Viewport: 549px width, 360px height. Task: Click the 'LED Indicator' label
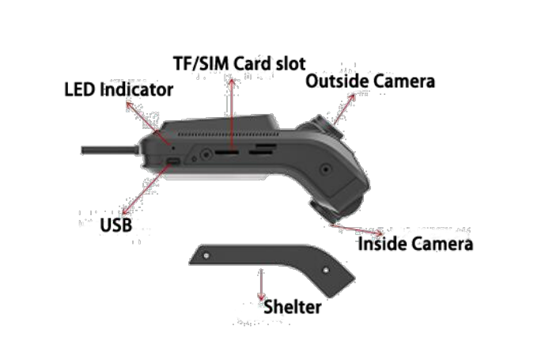[119, 89]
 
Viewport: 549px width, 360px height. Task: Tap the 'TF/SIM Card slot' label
[240, 63]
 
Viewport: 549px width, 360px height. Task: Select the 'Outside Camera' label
[370, 81]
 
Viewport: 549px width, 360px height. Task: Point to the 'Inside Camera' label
[415, 244]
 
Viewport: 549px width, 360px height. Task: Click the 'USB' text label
[116, 225]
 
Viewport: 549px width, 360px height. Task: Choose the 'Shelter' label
[293, 307]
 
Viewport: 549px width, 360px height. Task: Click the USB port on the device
[173, 161]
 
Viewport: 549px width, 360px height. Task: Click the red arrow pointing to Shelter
[261, 284]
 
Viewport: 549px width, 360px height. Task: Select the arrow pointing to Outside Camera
[344, 109]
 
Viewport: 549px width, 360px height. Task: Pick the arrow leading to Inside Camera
[357, 229]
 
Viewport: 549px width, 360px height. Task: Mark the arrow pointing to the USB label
[146, 189]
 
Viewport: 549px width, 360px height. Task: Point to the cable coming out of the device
[110, 150]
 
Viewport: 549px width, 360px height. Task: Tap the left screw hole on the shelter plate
[206, 256]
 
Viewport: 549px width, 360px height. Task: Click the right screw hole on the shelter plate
[326, 270]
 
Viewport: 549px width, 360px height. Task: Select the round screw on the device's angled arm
[326, 169]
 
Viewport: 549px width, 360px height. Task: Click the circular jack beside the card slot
[206, 154]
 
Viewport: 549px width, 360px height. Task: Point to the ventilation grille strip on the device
[229, 135]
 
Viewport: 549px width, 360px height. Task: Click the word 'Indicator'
[137, 89]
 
